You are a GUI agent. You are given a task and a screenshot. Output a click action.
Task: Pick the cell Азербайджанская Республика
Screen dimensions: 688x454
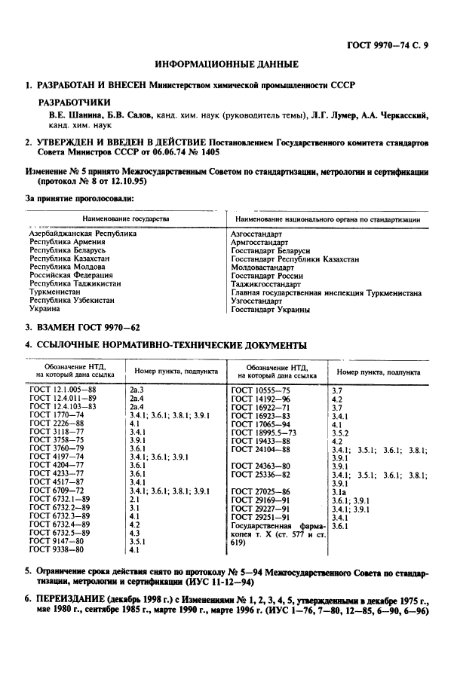(83, 234)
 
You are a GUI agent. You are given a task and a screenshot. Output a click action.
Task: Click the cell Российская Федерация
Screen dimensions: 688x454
(71, 277)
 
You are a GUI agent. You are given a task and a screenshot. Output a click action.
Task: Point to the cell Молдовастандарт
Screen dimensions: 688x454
(262, 267)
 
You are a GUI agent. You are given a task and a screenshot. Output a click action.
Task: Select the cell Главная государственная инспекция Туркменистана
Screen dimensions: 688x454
(325, 292)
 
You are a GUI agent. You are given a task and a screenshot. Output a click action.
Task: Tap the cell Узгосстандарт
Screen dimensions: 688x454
(256, 301)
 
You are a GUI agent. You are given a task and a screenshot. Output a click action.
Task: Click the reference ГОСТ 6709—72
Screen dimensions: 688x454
(57, 491)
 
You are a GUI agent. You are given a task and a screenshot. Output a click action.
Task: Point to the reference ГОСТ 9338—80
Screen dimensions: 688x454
(57, 550)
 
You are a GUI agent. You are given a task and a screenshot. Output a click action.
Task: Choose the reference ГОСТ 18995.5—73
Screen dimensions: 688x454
(265, 433)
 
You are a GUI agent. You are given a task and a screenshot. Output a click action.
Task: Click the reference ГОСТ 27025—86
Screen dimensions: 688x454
(261, 491)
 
